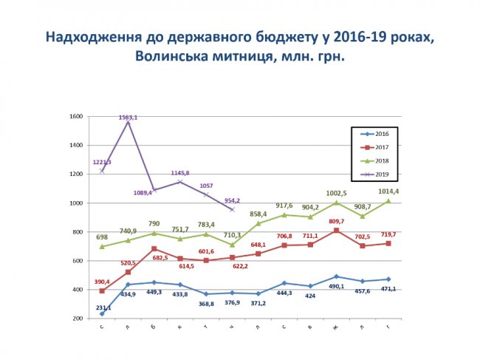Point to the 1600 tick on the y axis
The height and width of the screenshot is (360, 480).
click(75, 117)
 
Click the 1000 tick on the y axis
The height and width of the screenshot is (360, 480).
click(75, 203)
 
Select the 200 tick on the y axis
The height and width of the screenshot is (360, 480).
click(76, 319)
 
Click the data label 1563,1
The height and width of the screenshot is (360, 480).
click(129, 118)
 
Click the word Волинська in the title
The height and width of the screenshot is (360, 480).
click(171, 56)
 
